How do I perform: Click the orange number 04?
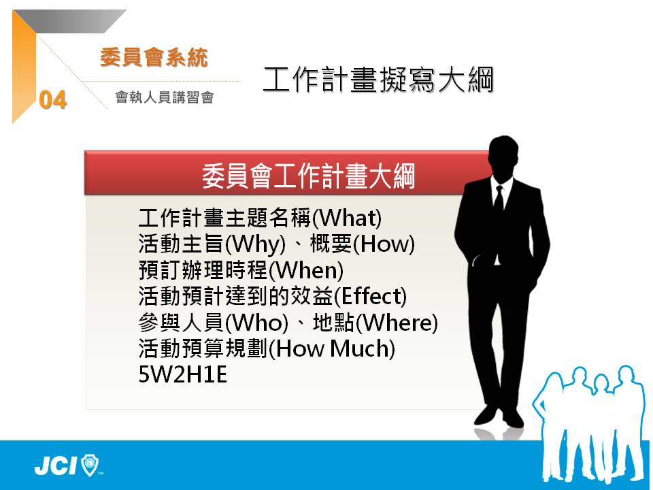[x=53, y=100]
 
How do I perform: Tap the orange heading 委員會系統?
[x=154, y=57]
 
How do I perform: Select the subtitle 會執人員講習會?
[x=165, y=97]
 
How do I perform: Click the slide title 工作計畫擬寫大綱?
[x=378, y=79]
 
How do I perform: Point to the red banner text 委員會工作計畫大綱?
[x=309, y=176]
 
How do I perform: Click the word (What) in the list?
[x=347, y=218]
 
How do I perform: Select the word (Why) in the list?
[x=255, y=244]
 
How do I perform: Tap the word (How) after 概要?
[x=384, y=244]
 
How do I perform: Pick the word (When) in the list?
[x=305, y=270]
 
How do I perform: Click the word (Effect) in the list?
[x=370, y=297]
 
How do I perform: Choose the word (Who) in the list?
[x=256, y=323]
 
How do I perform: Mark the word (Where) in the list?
[x=397, y=323]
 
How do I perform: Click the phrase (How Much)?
[x=331, y=349]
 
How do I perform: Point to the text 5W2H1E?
[x=182, y=374]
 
